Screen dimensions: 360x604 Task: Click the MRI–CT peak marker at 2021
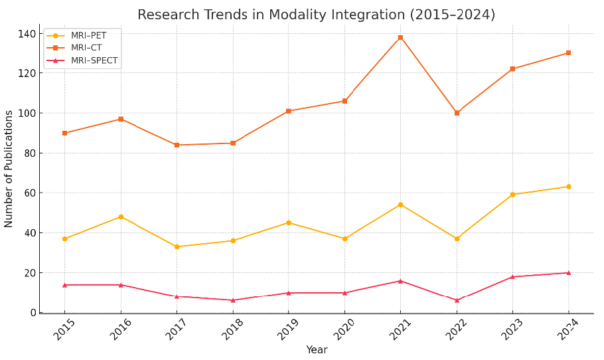(400, 37)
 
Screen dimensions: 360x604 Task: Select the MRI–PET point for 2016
(121, 217)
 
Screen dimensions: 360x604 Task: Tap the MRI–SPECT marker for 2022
(457, 300)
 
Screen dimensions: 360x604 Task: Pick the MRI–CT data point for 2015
(64, 133)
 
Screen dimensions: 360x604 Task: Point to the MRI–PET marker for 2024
(568, 187)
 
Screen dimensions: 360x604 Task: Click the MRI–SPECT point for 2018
(233, 300)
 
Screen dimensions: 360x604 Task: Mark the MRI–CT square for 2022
(457, 113)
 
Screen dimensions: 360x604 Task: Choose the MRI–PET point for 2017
(177, 246)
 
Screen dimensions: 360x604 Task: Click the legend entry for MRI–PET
(88, 36)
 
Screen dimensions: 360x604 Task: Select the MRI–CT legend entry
(86, 48)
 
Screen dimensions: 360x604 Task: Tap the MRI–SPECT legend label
(94, 60)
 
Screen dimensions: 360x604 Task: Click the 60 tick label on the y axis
(29, 193)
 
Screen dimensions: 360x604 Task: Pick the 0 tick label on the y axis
(32, 312)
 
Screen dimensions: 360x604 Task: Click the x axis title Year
(317, 350)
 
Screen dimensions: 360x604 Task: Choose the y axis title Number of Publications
(9, 169)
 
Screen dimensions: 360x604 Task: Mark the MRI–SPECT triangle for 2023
(512, 276)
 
